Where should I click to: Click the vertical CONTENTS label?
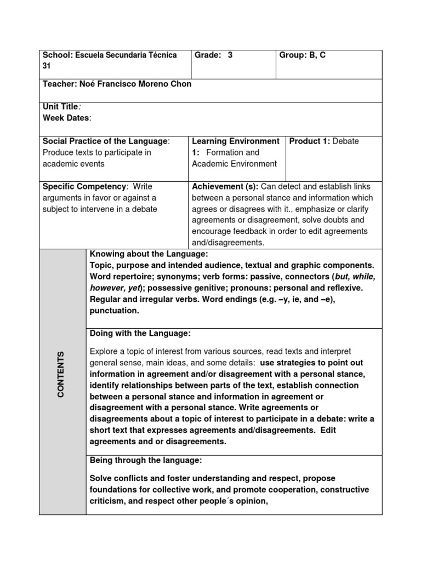(60, 375)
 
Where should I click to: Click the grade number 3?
(230, 55)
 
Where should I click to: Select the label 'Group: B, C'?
(303, 55)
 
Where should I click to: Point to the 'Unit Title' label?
(60, 107)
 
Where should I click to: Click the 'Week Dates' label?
(65, 118)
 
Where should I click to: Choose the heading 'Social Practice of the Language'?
(105, 141)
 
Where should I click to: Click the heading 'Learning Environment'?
(236, 141)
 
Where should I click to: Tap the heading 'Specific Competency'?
(84, 187)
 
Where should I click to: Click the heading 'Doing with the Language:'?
(140, 333)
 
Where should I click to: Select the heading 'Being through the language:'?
(146, 460)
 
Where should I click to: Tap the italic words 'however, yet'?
(115, 288)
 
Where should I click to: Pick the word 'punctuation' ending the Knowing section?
(114, 311)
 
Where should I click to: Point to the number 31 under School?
(47, 66)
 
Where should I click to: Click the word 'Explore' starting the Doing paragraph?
(104, 351)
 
